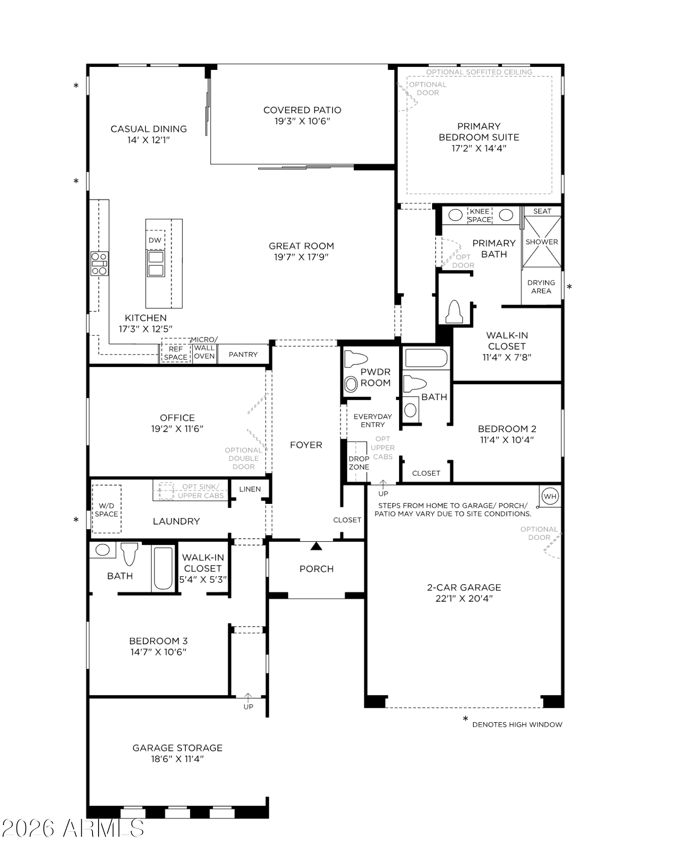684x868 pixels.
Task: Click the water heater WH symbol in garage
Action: coord(550,496)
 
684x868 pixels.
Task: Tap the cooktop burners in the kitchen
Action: coord(99,263)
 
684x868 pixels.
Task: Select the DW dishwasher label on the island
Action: coord(155,240)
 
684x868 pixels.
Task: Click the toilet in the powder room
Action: coord(356,359)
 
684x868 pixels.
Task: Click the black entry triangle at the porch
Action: coord(317,546)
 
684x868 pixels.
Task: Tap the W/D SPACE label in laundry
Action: coord(106,510)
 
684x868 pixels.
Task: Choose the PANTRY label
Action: coord(243,355)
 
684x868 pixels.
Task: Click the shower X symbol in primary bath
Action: coord(542,242)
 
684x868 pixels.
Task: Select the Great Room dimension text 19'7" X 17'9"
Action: coord(301,257)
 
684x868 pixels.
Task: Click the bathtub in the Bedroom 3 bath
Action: coord(163,569)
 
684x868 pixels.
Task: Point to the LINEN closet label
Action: coord(250,489)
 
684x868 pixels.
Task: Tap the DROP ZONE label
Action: coord(359,463)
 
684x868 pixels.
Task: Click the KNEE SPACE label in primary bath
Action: coord(480,215)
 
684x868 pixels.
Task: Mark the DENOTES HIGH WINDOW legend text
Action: coord(517,724)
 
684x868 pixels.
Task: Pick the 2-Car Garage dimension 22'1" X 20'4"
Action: coord(464,598)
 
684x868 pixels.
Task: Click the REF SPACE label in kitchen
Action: coord(176,353)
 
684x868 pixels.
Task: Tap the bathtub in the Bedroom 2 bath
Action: coord(426,358)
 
